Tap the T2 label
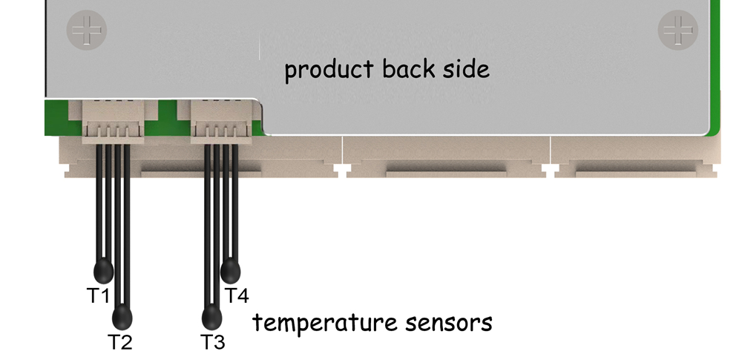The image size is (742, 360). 119,342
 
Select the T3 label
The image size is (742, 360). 213,342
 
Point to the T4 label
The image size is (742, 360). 236,295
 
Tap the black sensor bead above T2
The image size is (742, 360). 123,318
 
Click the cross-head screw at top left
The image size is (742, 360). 87,30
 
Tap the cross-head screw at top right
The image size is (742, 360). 678,30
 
